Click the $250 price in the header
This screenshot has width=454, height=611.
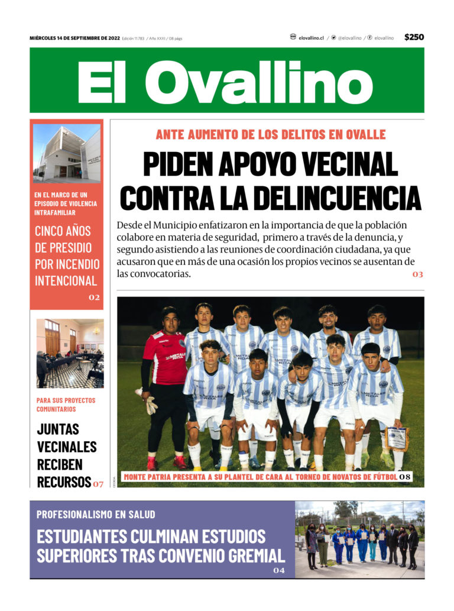[414, 37]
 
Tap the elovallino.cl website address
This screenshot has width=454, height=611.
[311, 38]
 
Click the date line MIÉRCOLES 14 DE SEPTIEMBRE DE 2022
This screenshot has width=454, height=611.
[74, 38]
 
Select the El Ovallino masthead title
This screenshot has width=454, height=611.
[226, 80]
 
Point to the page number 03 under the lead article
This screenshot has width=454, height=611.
[418, 274]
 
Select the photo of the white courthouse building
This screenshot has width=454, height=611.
[66, 153]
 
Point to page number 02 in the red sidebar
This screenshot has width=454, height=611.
[94, 298]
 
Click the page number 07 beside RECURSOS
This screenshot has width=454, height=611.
[98, 484]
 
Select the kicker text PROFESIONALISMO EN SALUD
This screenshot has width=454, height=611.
[96, 514]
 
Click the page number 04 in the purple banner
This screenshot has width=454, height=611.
[278, 571]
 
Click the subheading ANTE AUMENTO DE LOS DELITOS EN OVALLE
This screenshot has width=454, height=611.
[270, 135]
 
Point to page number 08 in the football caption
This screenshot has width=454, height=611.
[404, 477]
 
